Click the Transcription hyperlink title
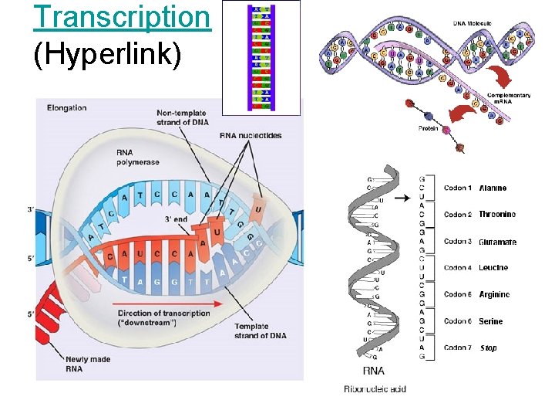pos(123,17)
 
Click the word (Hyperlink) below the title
pos(107,55)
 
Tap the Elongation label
pos(66,107)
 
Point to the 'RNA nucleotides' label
pos(251,136)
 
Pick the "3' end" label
pos(175,219)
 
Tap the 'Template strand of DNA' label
pos(260,331)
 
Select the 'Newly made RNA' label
pos(87,364)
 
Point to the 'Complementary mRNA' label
pos(508,99)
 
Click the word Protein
pos(428,128)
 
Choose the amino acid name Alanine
pos(493,188)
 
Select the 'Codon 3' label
pos(457,242)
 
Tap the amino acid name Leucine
pos(493,268)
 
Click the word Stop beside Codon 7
pos(488,348)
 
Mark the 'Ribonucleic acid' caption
pos(375,388)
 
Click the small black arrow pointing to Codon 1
pos(401,198)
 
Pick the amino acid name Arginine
pos(494,295)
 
